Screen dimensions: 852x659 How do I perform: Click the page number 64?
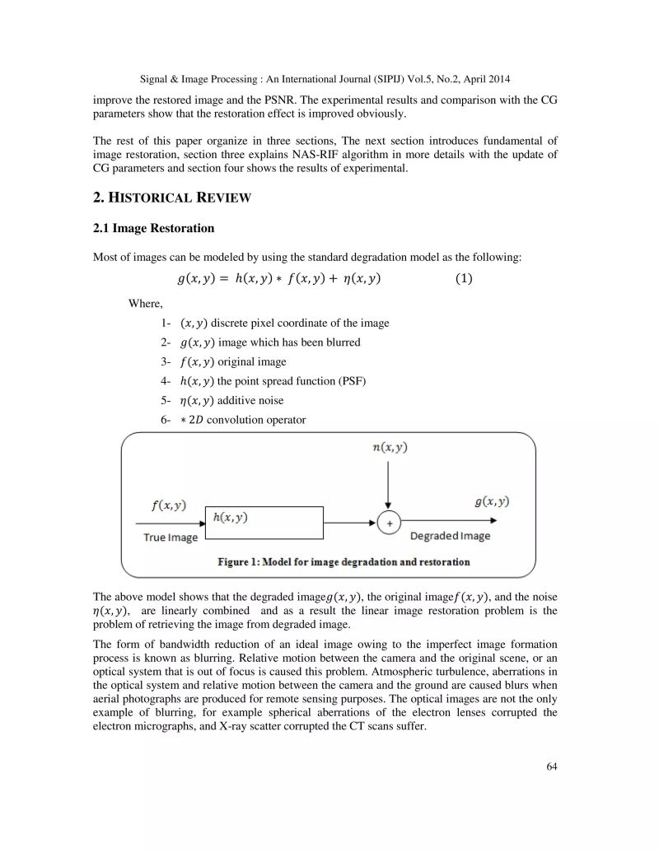(x=552, y=767)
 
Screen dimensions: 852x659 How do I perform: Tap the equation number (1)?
(x=465, y=278)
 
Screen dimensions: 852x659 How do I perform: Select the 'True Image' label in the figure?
(x=171, y=538)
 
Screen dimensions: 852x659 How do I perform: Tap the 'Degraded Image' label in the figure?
(x=450, y=536)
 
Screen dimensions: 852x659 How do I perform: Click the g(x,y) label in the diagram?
(x=490, y=501)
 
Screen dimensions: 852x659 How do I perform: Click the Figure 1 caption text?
(x=344, y=562)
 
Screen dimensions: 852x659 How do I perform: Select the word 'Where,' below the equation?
(x=146, y=304)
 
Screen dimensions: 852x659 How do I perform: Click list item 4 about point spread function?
(x=264, y=381)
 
